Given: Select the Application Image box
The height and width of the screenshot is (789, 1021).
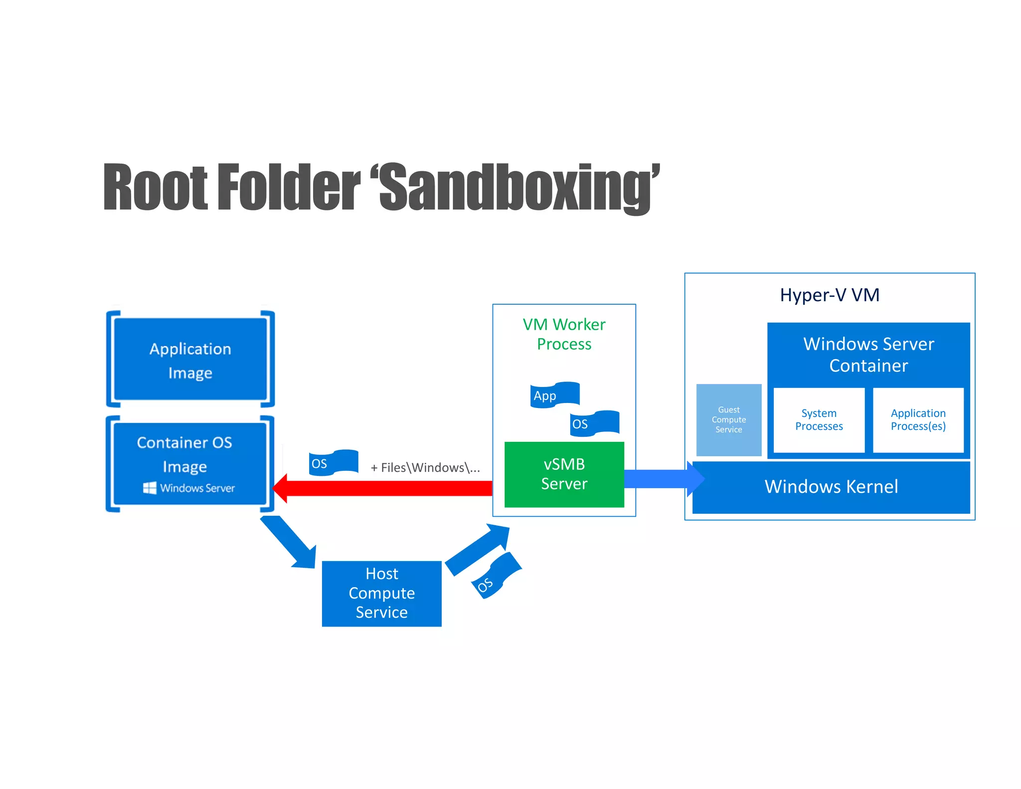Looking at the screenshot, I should click(190, 360).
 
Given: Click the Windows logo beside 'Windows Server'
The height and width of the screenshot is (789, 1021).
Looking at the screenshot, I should click(150, 488).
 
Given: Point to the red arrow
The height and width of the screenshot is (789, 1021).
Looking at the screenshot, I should click(384, 488).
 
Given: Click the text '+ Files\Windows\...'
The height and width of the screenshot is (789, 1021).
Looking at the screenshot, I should click(425, 468).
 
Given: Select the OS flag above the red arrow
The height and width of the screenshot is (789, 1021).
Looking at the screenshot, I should click(333, 463).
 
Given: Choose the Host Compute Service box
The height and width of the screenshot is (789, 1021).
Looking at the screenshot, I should click(381, 593).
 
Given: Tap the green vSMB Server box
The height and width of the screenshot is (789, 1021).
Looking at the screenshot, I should click(564, 474).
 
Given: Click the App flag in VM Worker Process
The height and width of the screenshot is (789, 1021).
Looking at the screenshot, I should click(554, 395).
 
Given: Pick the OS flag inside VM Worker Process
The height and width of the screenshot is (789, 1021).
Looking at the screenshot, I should click(594, 423).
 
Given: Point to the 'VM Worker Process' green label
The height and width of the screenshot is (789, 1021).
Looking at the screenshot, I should click(564, 334).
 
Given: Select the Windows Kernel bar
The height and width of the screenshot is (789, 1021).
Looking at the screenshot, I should click(831, 487).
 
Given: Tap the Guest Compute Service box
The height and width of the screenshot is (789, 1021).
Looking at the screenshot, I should click(728, 420).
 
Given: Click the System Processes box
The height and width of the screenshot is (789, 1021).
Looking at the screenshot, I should click(819, 420).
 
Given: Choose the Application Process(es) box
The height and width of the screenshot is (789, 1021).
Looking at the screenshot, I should click(918, 420).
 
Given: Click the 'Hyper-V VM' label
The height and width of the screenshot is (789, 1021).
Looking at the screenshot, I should click(830, 295).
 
